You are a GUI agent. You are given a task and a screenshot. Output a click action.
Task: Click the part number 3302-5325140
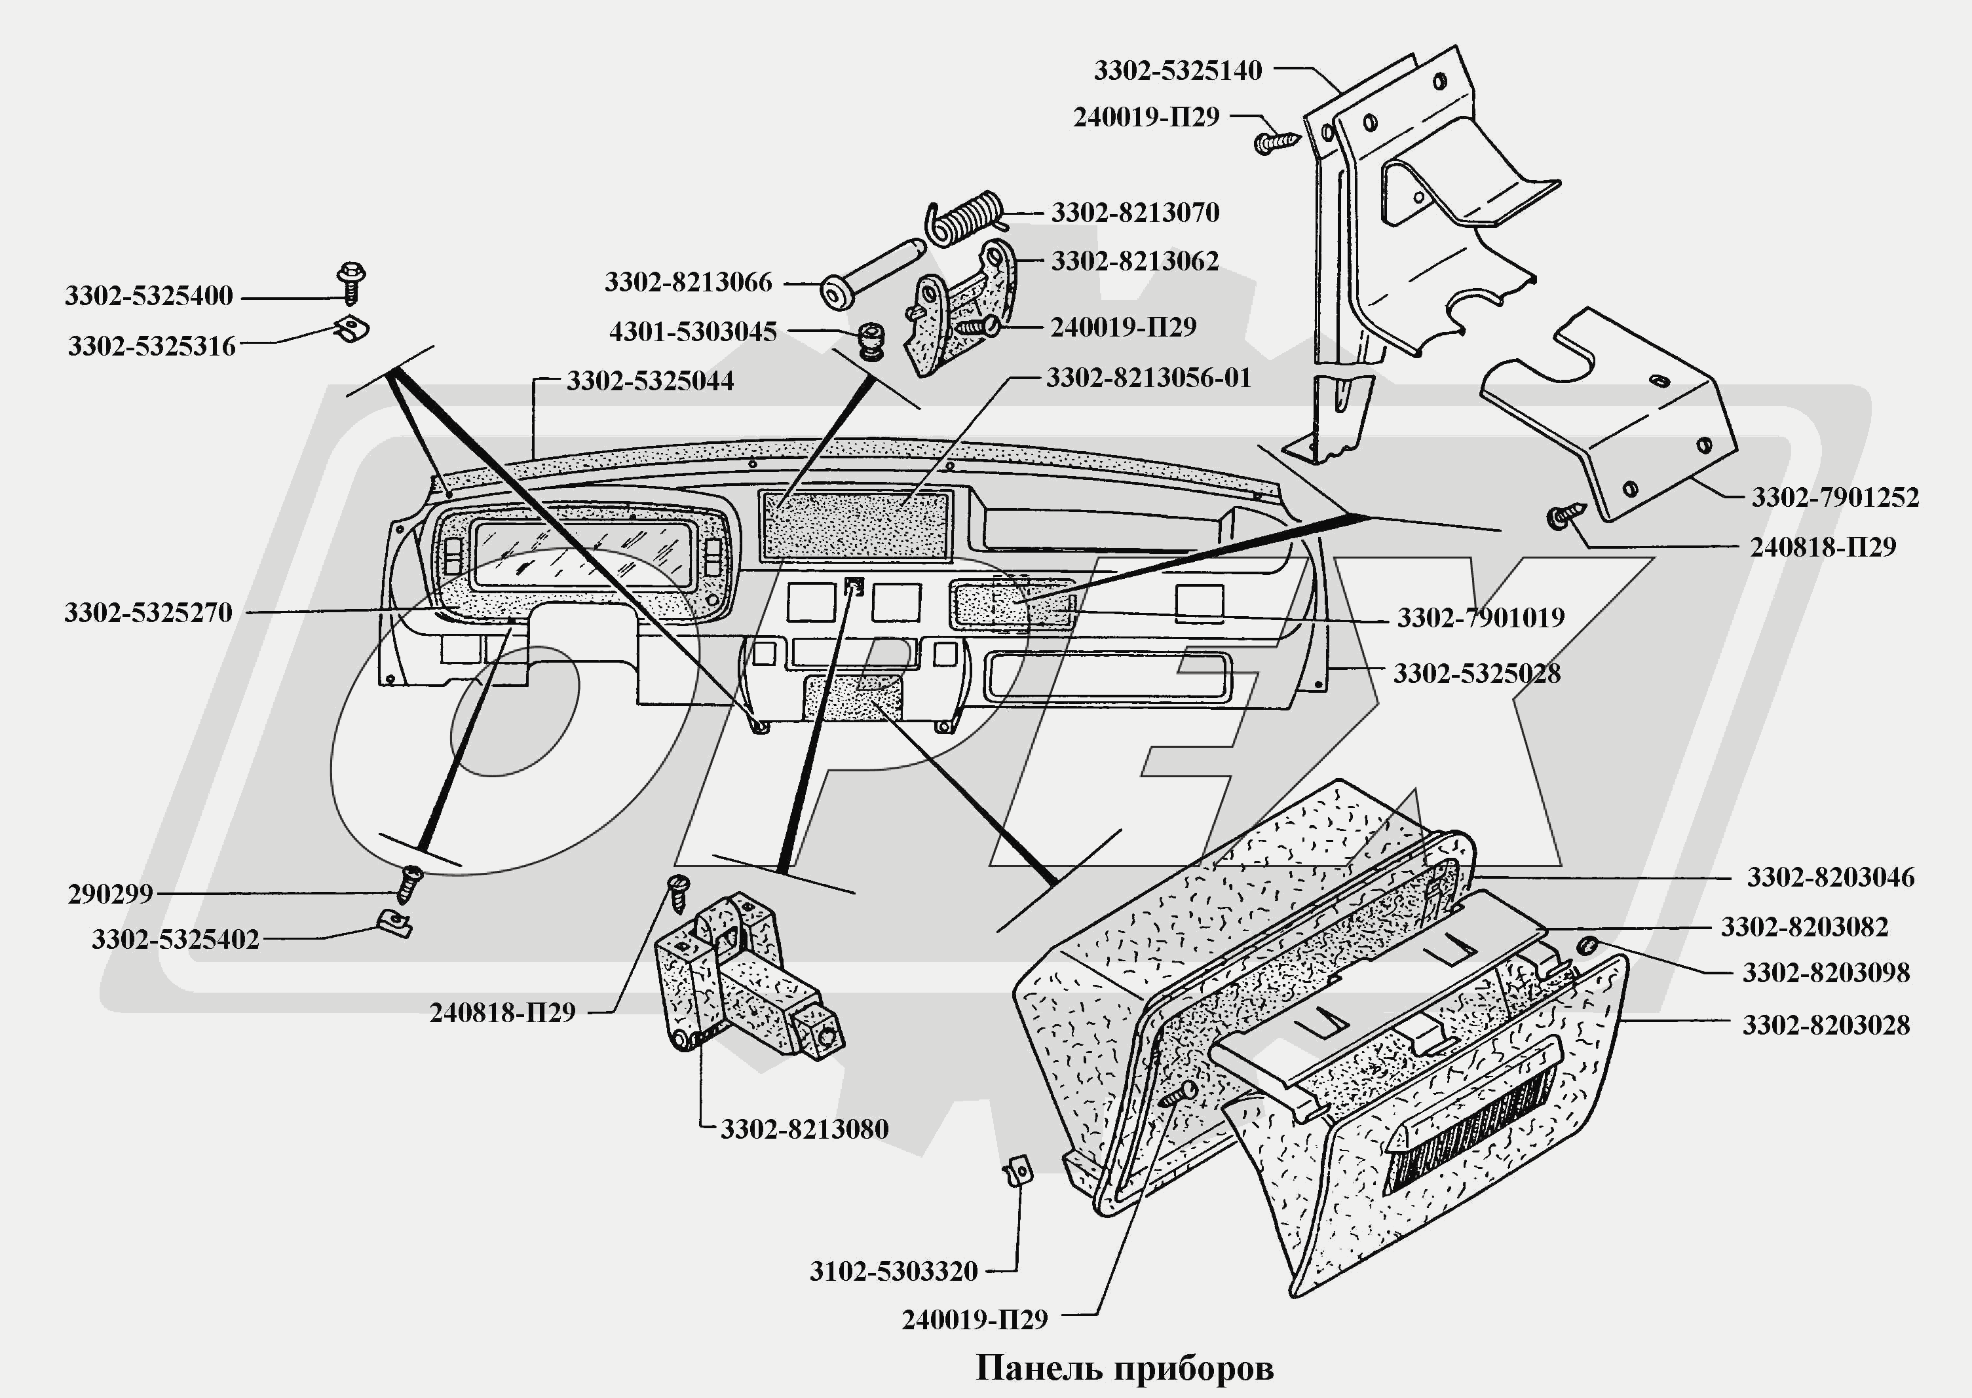click(x=1177, y=71)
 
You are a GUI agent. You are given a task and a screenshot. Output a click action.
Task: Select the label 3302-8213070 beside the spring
click(x=1135, y=213)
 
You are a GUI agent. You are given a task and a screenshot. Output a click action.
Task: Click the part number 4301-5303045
click(x=693, y=332)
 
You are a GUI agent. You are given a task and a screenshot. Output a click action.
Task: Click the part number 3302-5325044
click(x=650, y=381)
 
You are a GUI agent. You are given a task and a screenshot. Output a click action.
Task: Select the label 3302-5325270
click(x=148, y=613)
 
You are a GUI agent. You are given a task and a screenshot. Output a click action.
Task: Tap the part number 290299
click(x=110, y=894)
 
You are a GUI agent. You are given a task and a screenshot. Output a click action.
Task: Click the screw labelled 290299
click(x=409, y=884)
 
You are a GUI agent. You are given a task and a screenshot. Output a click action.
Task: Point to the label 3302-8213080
click(x=805, y=1130)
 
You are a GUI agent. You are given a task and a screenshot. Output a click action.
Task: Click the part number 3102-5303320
click(x=894, y=1272)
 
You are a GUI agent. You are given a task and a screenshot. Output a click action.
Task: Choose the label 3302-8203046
click(x=1830, y=877)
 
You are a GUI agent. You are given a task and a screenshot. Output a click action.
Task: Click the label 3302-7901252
click(x=1835, y=498)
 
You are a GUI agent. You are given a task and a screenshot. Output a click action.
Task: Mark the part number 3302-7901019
click(x=1480, y=618)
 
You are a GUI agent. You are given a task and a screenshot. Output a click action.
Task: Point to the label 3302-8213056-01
click(x=1148, y=378)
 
